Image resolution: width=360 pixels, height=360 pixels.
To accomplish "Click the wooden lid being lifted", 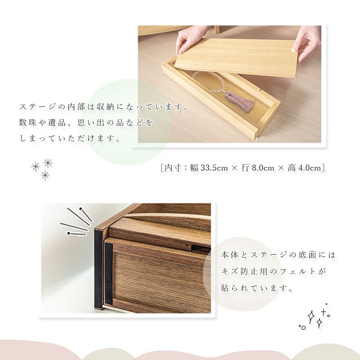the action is [235, 57].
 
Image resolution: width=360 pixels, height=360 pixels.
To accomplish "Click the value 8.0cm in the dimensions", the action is [263, 168].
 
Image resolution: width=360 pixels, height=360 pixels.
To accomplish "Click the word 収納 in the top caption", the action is [105, 107].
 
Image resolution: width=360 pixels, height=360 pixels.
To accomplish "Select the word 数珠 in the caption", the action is [27, 123].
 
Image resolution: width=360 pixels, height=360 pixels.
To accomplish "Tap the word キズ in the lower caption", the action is [230, 272].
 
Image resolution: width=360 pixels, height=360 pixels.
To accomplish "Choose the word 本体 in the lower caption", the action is [230, 255].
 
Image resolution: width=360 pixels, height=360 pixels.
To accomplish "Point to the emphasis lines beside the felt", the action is [76, 221].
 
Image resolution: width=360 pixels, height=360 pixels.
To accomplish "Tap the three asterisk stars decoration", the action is [42, 170].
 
